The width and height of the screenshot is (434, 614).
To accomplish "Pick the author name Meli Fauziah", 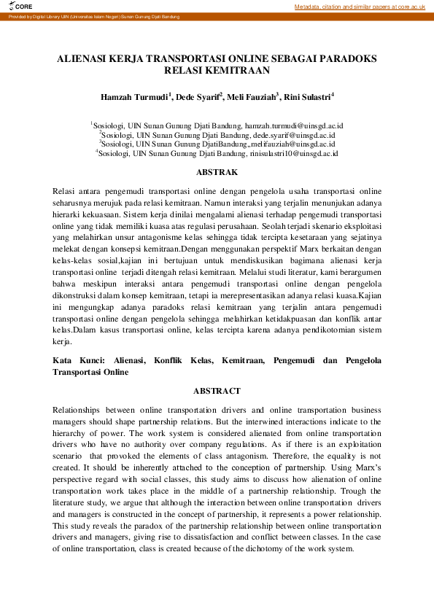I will pos(255,96).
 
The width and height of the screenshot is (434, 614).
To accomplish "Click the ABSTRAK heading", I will pos(217,173).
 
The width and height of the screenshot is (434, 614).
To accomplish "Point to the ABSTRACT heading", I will pos(217,391).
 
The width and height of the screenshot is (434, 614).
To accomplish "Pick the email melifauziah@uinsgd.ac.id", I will pos(301,144).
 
